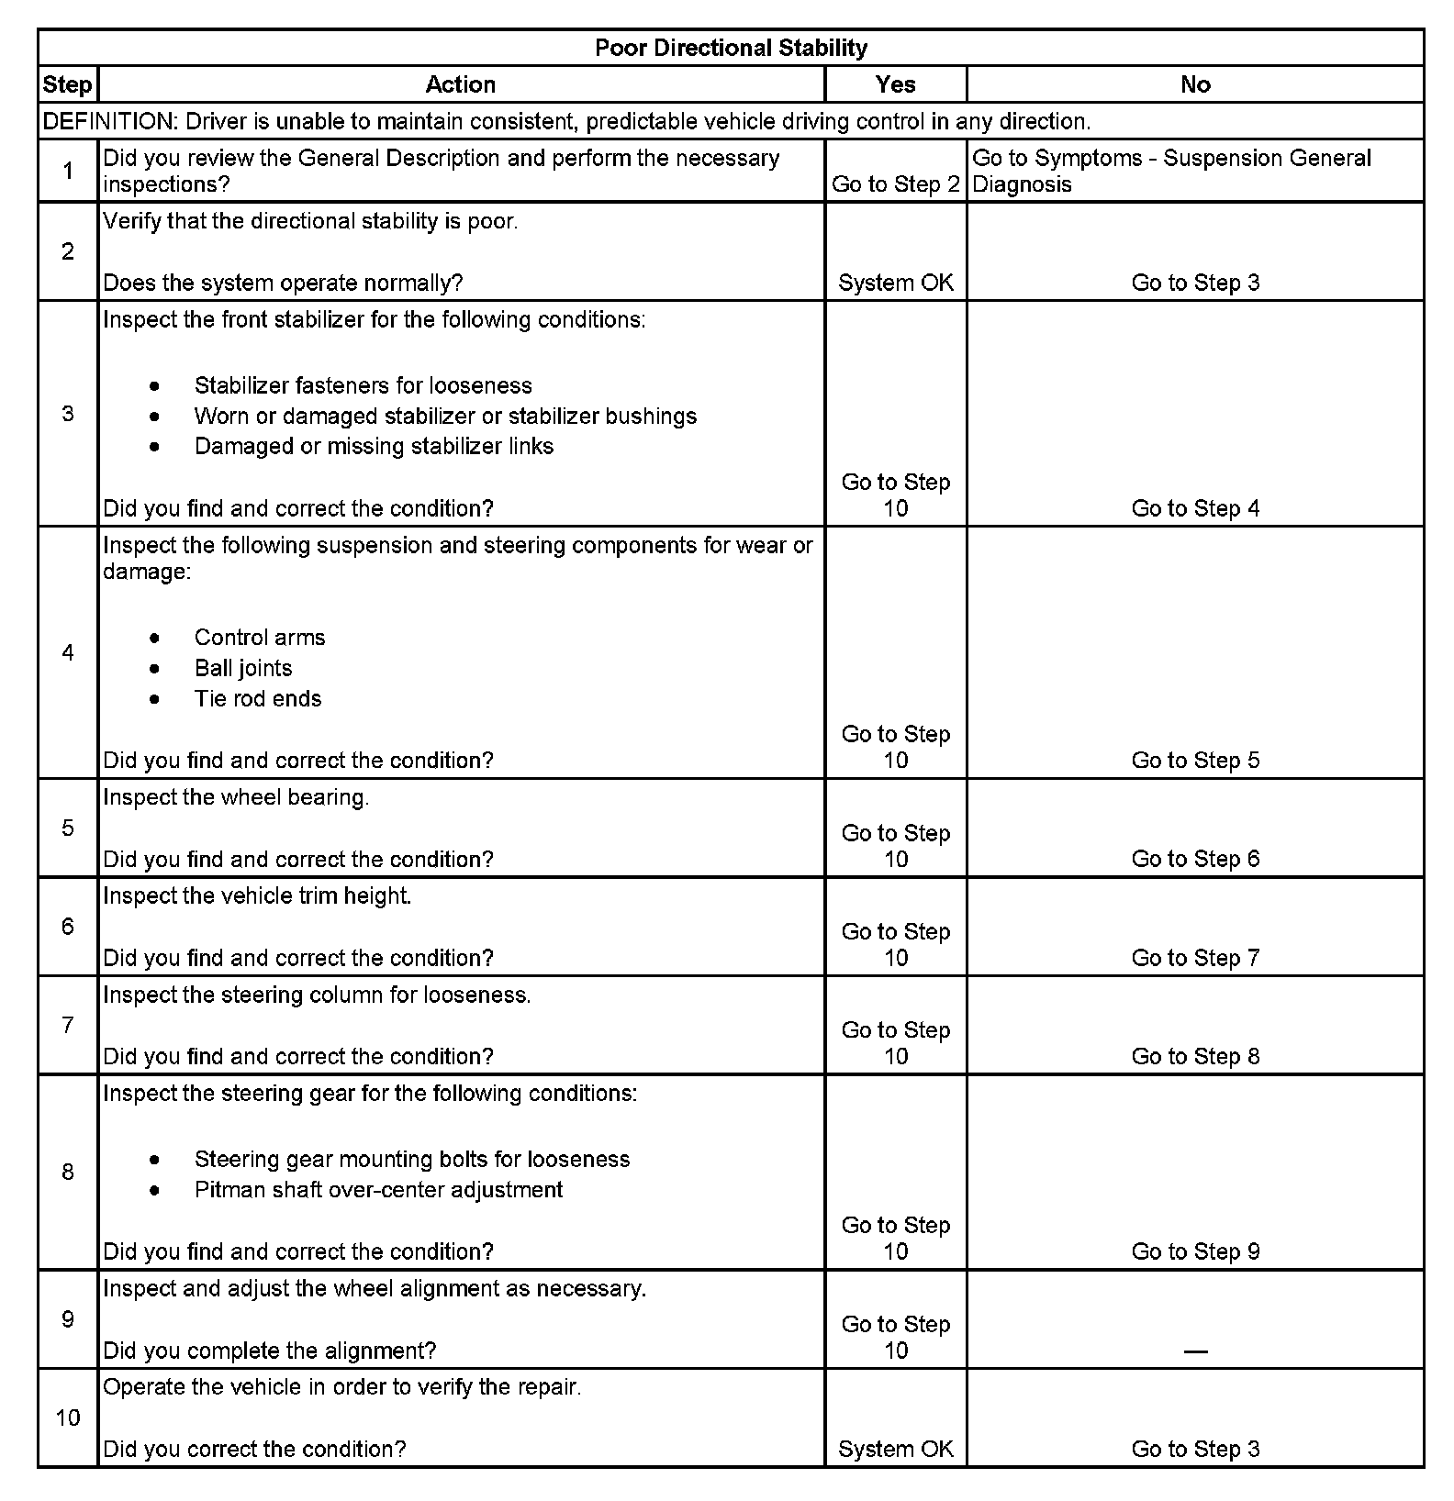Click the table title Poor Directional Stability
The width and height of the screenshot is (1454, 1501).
pyautogui.click(x=731, y=48)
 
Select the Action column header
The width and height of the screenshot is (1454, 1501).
pyautogui.click(x=460, y=84)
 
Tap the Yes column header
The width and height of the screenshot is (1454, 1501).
pyautogui.click(x=895, y=84)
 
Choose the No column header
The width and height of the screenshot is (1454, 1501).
pyautogui.click(x=1195, y=84)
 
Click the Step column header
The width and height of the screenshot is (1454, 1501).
pyautogui.click(x=67, y=84)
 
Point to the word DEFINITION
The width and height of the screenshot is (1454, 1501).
pyautogui.click(x=108, y=121)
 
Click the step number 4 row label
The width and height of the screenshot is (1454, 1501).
pyautogui.click(x=68, y=652)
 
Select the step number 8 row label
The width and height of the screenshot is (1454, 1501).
pyautogui.click(x=68, y=1172)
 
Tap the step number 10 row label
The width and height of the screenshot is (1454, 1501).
pyautogui.click(x=68, y=1418)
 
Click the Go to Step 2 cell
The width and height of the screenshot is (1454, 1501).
pyautogui.click(x=895, y=184)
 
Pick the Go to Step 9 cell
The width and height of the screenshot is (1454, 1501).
pyautogui.click(x=1195, y=1251)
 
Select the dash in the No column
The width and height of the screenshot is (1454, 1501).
pyautogui.click(x=1195, y=1351)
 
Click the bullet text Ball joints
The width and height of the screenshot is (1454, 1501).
pyautogui.click(x=243, y=668)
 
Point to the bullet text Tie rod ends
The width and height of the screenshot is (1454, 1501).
pyautogui.click(x=258, y=699)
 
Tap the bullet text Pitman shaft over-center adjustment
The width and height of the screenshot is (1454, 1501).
pyautogui.click(x=378, y=1190)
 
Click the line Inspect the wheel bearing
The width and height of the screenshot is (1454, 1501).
pyautogui.click(x=236, y=797)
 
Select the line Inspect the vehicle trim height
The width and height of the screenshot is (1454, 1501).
pyautogui.click(x=257, y=895)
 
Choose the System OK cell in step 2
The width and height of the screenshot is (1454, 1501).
pyautogui.click(x=895, y=283)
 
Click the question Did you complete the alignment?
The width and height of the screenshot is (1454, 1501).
pyautogui.click(x=269, y=1351)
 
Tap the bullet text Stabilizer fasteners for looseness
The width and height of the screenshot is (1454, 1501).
pyautogui.click(x=363, y=385)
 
